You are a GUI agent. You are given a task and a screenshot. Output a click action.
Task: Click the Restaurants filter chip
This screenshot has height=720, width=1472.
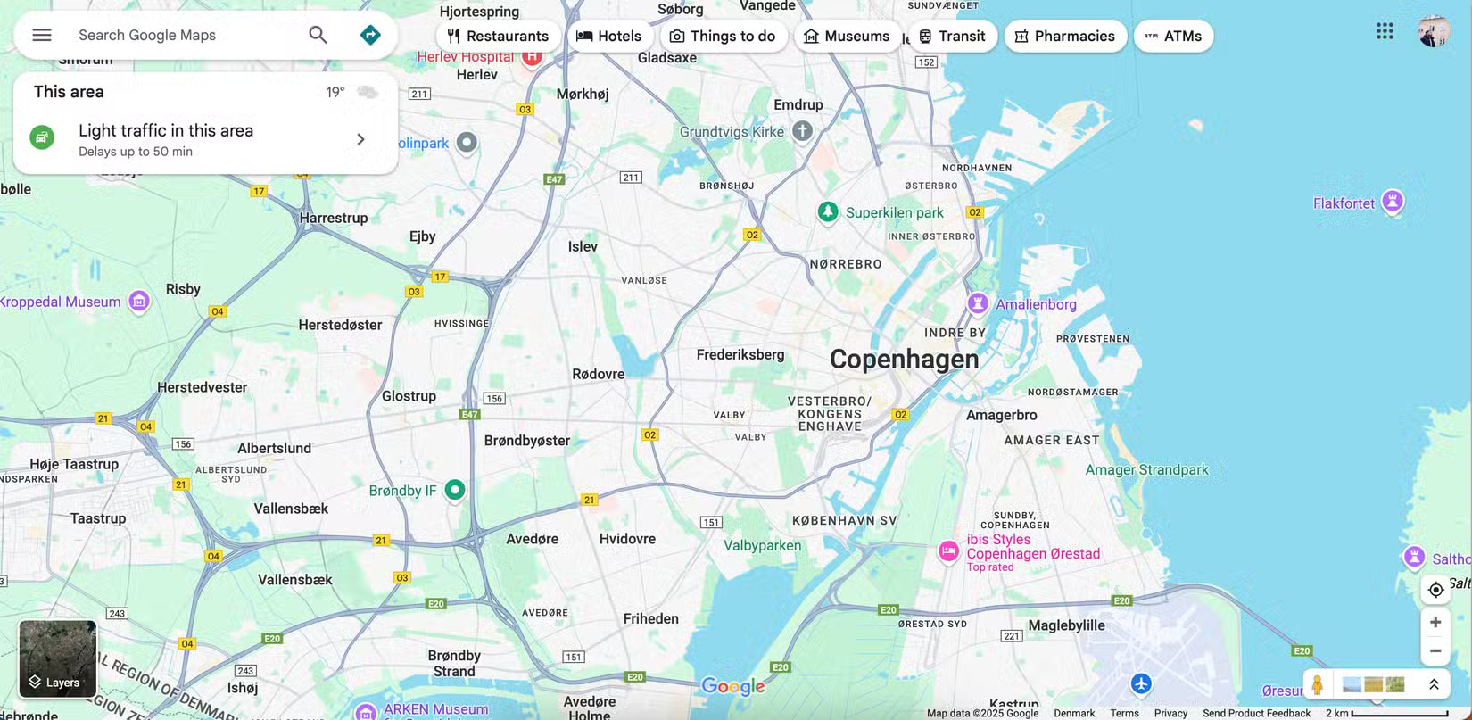498,36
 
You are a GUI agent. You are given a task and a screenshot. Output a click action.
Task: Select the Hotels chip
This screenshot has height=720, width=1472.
609,36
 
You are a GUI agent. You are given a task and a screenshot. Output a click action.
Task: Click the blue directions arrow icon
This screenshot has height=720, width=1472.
370,35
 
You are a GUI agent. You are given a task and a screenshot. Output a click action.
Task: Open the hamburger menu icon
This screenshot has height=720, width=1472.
42,35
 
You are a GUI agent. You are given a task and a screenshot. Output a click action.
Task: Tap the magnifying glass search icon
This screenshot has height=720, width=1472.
318,35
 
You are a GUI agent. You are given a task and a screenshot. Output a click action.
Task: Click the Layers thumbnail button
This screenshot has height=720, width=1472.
58,658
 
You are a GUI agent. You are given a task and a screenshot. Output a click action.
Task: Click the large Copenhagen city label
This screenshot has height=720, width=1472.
904,359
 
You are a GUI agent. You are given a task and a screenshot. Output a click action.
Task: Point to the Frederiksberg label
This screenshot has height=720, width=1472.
740,354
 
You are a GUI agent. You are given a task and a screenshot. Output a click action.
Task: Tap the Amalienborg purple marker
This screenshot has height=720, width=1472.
978,302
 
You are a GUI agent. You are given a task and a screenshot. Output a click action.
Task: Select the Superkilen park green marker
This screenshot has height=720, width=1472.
828,211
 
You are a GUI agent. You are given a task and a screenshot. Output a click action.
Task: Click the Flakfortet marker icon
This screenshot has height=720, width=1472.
1392,201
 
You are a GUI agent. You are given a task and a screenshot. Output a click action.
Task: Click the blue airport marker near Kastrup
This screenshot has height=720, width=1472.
1141,683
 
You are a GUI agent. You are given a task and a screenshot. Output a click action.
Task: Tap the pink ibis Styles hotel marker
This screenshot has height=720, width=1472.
948,551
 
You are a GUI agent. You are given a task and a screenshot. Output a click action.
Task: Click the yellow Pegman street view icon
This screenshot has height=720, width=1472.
1317,684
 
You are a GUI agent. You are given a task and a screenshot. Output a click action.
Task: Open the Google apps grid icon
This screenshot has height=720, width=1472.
1384,31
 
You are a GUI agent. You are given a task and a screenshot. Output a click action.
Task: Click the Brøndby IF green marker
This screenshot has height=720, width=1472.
455,489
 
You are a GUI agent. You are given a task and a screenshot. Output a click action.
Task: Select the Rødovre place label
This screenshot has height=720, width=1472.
598,374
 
